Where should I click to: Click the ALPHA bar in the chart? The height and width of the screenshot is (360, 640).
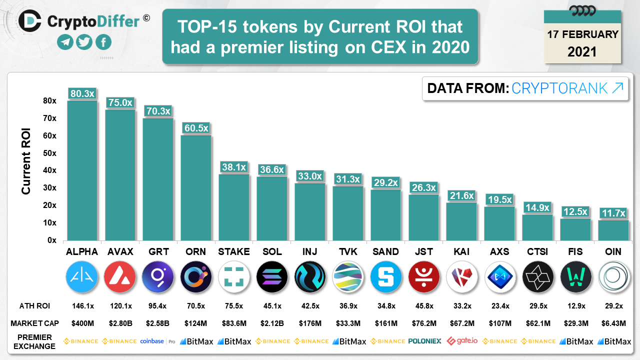[82, 170]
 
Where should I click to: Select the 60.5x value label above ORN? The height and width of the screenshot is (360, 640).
[196, 128]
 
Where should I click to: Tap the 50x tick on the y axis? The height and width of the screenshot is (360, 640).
[49, 153]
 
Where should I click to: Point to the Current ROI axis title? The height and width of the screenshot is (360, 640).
[26, 161]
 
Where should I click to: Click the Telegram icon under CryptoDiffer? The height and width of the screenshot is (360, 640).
[64, 42]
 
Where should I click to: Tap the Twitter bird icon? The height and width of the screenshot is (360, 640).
[84, 42]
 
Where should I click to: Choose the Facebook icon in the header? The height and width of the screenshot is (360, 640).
[103, 42]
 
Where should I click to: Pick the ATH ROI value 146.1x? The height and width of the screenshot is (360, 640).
[81, 306]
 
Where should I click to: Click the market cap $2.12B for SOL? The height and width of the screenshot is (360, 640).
[272, 323]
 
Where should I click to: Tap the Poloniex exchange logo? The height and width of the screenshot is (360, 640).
[424, 341]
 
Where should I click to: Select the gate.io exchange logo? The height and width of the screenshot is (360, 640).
[461, 341]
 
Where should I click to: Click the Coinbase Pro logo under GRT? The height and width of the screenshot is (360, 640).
[157, 341]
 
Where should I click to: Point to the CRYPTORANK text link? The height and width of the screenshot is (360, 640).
[567, 88]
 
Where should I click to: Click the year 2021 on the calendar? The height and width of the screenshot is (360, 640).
[582, 51]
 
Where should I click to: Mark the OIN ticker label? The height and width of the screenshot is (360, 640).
[613, 251]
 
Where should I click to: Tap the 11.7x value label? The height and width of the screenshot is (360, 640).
[613, 213]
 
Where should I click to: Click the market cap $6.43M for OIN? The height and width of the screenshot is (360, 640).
[613, 323]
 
